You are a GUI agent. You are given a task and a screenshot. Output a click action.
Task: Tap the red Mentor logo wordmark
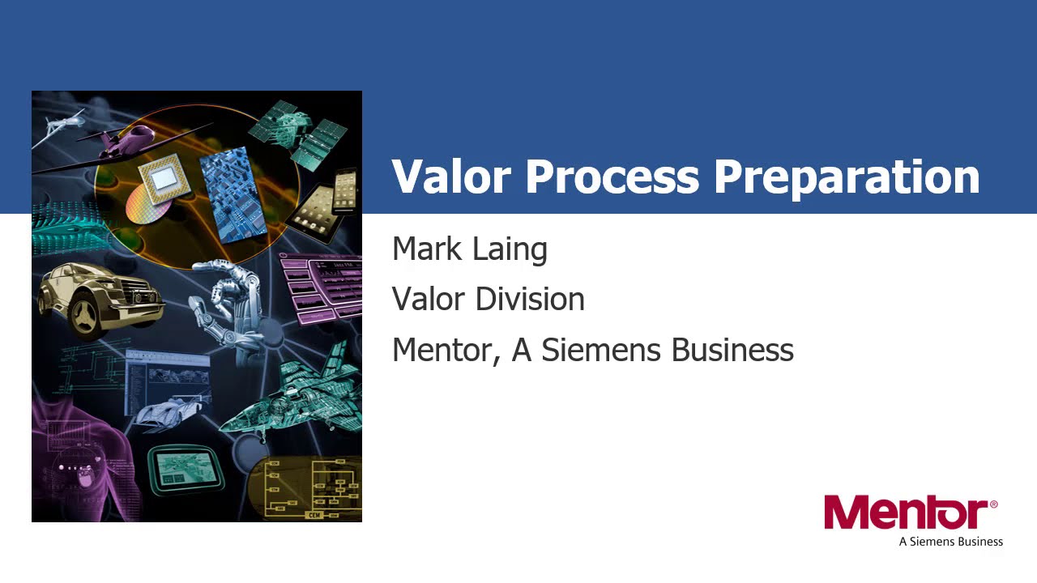(905, 513)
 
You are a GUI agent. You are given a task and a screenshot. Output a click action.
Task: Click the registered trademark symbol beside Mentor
(993, 504)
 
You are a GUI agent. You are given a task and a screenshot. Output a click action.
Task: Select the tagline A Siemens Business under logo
(950, 542)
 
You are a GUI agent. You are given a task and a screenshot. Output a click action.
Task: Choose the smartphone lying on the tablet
(345, 188)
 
